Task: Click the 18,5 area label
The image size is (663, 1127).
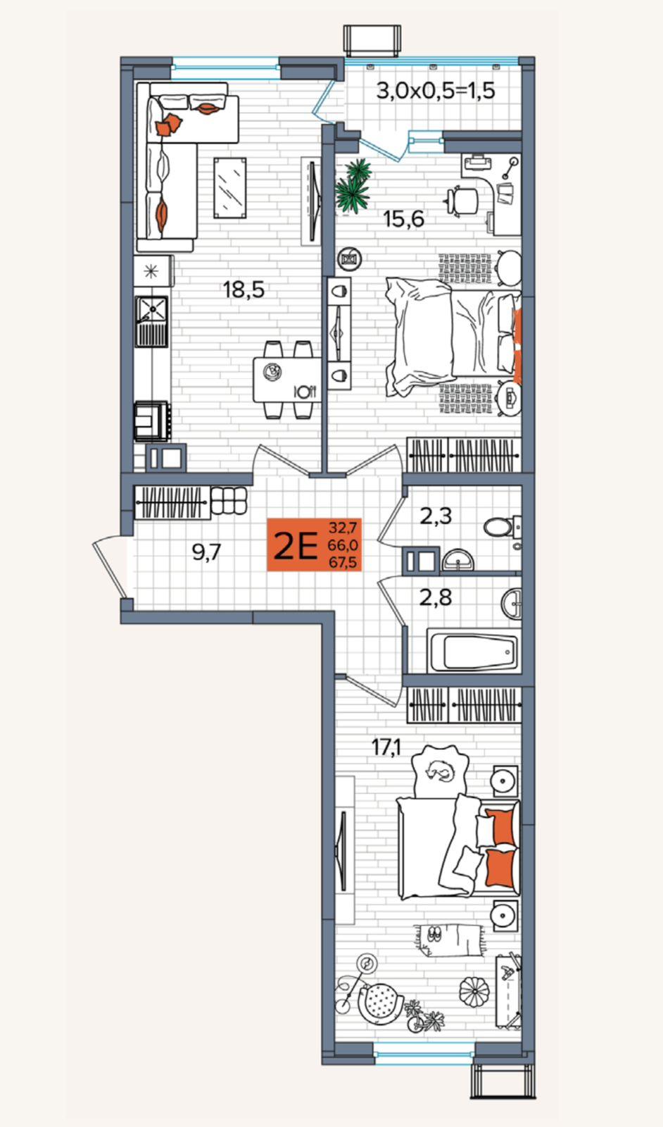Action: (x=244, y=289)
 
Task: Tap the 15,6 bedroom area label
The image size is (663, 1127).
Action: (x=403, y=219)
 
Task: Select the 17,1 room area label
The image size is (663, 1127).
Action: (x=386, y=747)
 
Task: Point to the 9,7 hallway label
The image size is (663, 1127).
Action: (x=207, y=553)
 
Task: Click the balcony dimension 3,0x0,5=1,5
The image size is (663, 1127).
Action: (x=436, y=91)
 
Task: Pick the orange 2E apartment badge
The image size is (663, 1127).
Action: (x=314, y=545)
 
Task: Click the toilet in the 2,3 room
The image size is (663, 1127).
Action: (x=501, y=528)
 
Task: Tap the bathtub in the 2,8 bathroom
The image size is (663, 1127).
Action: (x=474, y=650)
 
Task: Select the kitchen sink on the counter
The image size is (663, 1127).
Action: (x=151, y=321)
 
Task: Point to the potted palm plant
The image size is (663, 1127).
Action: (x=354, y=185)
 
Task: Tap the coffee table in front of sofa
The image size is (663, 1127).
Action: (x=230, y=187)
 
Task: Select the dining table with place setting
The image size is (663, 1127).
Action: (x=287, y=380)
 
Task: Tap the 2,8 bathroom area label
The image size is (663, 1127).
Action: (x=436, y=598)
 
